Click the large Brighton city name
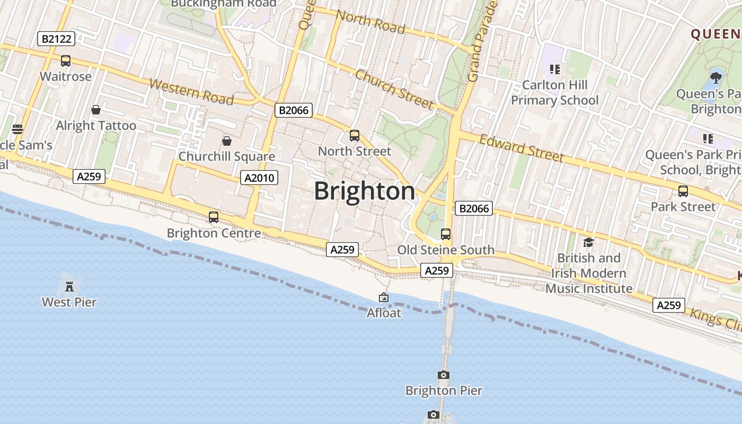pos(365,191)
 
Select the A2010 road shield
pos(259,178)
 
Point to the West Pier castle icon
pos(69,287)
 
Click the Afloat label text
pos(384,313)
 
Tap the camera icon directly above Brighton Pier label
pos(444,375)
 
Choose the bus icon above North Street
pos(355,136)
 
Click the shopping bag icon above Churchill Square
pos(227,141)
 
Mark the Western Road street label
pos(191,92)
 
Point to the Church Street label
pos(394,89)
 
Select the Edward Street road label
pos(522,148)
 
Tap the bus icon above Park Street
pos(683,191)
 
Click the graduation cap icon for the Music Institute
pos(588,243)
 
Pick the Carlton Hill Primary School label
pos(554,93)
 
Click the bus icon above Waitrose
pos(66,61)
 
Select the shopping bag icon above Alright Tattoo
pos(96,110)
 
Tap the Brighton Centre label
pos(214,233)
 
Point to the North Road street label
pos(370,22)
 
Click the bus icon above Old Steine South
pos(446,234)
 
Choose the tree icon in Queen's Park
pos(716,77)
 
